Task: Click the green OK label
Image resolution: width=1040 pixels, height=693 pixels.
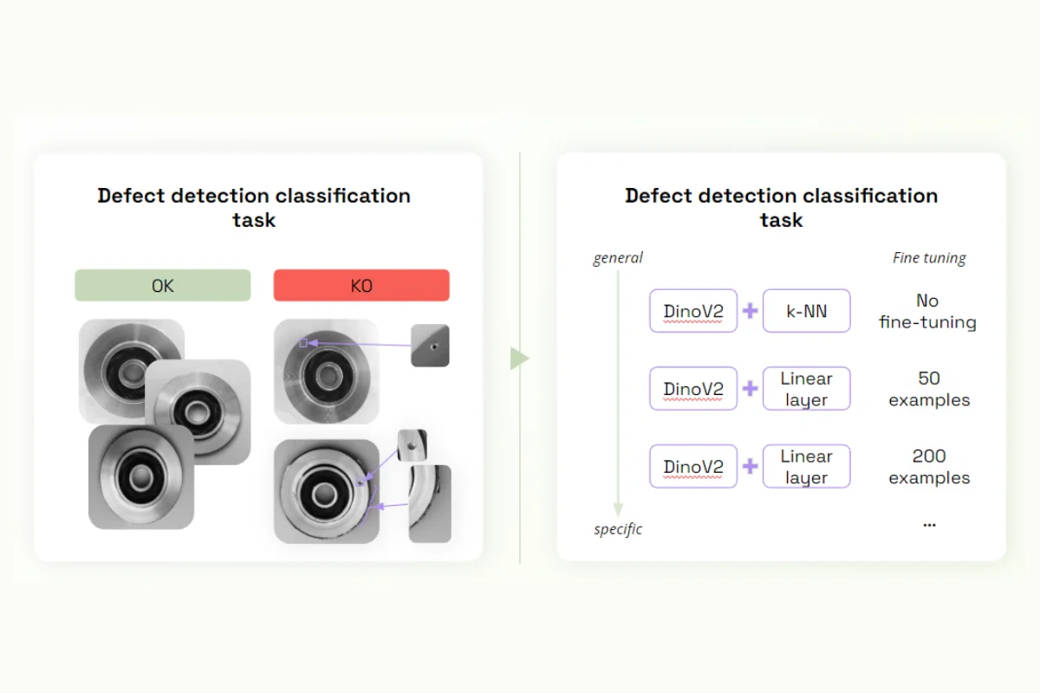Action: [x=162, y=285]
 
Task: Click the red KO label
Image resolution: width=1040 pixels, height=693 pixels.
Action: [x=361, y=285]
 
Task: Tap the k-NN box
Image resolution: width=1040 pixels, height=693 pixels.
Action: [x=806, y=311]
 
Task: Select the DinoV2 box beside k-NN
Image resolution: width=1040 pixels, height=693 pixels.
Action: [x=693, y=311]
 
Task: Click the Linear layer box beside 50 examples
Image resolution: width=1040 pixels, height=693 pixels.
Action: [x=806, y=389]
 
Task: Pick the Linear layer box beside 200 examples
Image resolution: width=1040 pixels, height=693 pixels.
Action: [x=806, y=467]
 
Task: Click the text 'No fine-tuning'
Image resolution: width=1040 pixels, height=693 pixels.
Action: [x=927, y=312]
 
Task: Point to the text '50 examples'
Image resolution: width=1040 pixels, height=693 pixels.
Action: [x=928, y=389]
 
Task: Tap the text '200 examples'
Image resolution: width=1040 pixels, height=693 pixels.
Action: [x=928, y=467]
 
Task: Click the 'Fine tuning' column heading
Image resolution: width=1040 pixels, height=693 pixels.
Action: [x=929, y=257]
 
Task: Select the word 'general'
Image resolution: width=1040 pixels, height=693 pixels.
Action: [x=618, y=257]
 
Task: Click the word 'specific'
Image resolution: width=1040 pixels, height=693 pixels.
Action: [x=618, y=528]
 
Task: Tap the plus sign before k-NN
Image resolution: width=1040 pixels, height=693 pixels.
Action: [x=751, y=311]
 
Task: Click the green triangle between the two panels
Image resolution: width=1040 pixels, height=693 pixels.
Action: [x=518, y=358]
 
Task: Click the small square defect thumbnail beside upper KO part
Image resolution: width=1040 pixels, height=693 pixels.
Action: [x=430, y=345]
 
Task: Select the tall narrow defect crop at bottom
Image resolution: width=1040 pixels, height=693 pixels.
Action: [x=430, y=503]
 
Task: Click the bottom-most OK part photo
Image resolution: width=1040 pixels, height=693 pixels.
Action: [x=141, y=476]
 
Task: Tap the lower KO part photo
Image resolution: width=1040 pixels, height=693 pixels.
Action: [x=327, y=491]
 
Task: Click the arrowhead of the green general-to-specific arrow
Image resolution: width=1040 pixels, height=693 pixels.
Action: [x=618, y=510]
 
